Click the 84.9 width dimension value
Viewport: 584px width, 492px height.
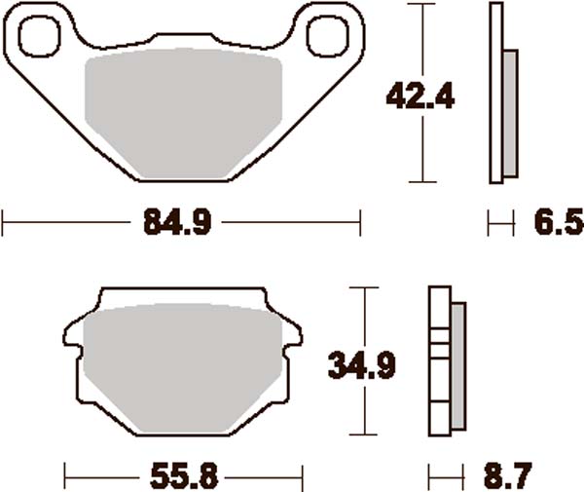[178, 223]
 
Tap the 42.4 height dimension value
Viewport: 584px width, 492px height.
[420, 95]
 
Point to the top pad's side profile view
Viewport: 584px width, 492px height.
[501, 93]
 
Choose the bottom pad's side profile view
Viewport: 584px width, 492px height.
[447, 361]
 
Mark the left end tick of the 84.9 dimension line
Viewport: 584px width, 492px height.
[3, 223]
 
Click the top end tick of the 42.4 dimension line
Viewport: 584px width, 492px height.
[420, 4]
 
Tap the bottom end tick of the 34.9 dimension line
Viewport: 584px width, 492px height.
[363, 435]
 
